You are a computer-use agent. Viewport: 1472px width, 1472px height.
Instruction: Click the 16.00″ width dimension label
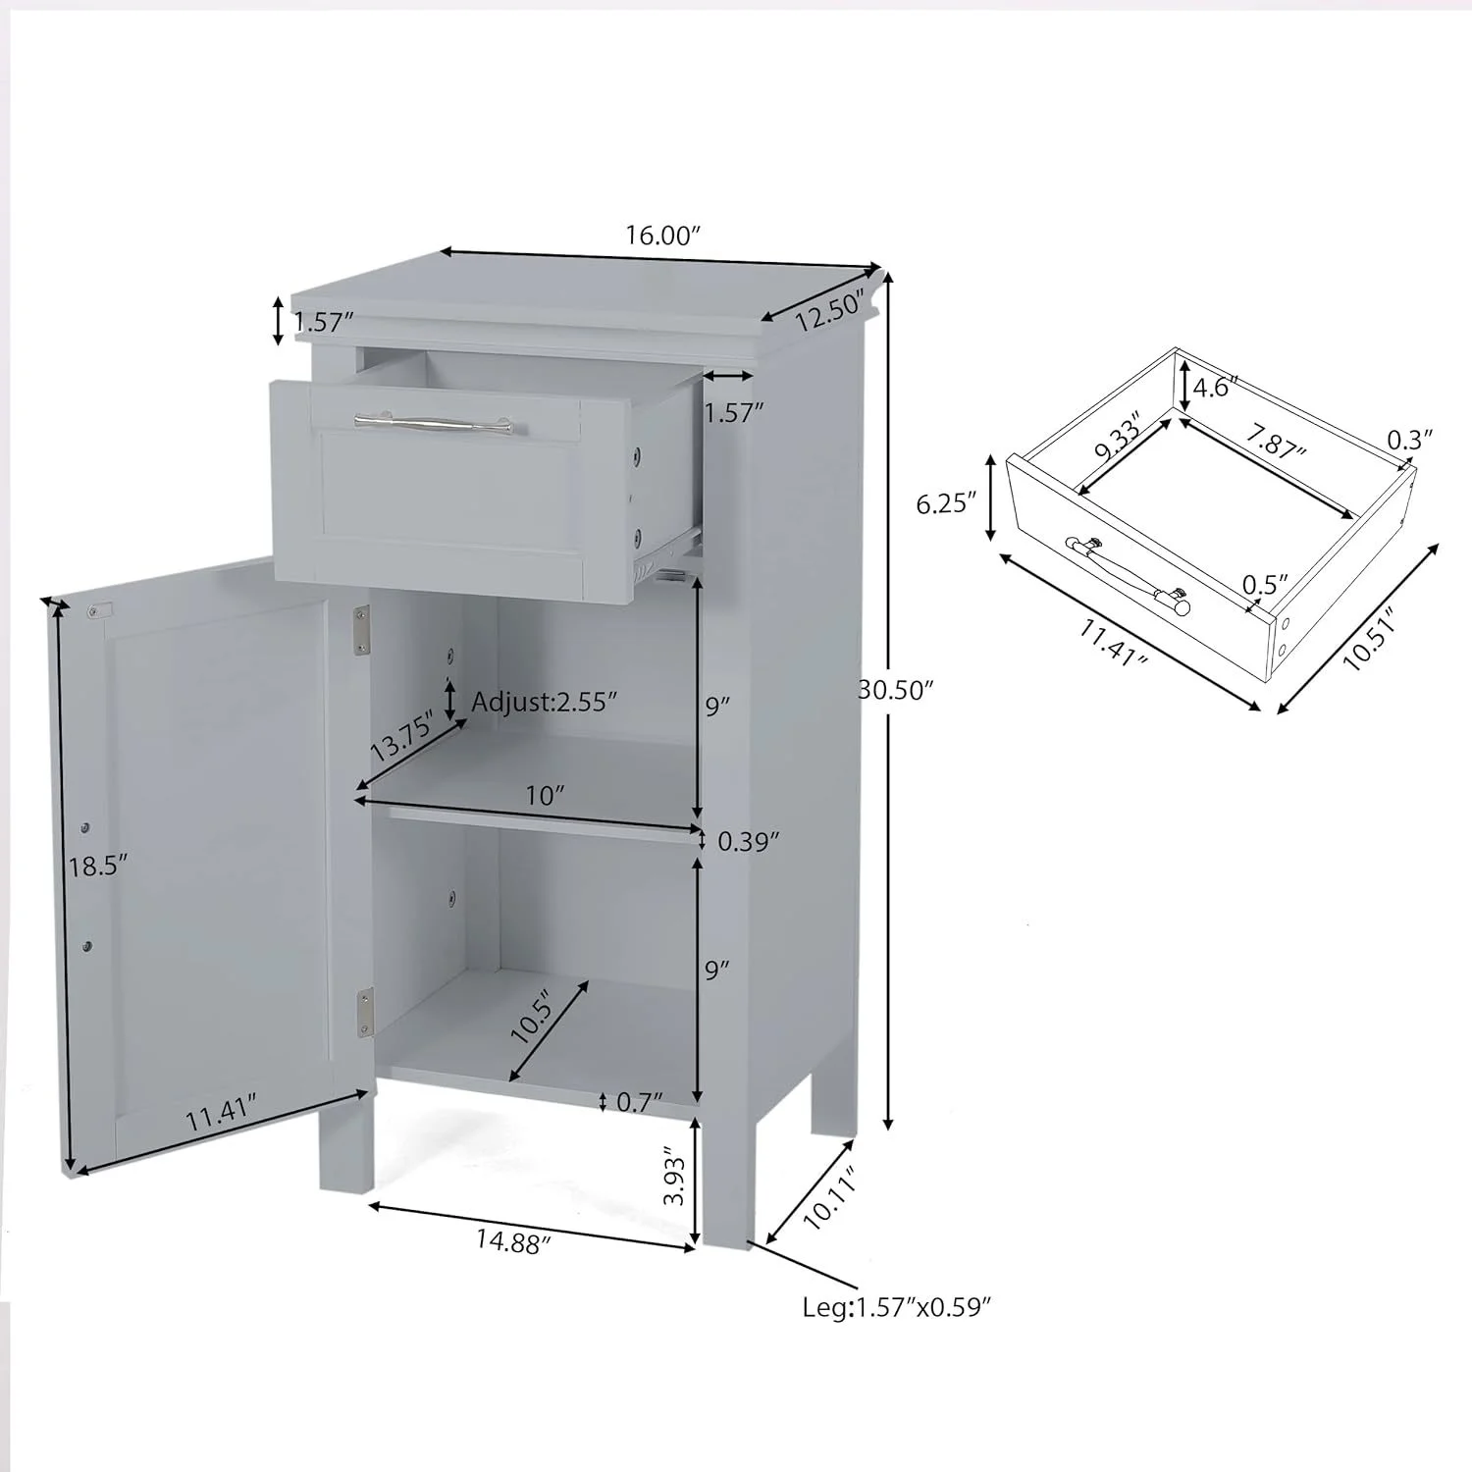coord(662,236)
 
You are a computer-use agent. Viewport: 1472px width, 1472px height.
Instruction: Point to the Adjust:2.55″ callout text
coord(545,702)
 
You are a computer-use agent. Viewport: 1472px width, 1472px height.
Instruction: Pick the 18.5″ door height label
coord(98,866)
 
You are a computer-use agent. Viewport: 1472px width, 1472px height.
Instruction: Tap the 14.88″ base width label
coord(514,1241)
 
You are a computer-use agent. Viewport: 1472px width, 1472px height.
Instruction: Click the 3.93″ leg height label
coord(672,1176)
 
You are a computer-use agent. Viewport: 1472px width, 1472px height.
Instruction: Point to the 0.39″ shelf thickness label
coord(748,841)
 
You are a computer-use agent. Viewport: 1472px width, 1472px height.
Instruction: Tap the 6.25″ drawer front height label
coord(946,503)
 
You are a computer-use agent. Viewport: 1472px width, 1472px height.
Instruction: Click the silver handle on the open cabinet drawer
coord(433,423)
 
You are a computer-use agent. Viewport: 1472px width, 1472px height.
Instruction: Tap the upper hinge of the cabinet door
coord(361,628)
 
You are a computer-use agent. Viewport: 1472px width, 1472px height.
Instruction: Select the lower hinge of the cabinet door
coord(365,1011)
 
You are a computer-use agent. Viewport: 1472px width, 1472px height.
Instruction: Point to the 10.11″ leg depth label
coord(830,1198)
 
